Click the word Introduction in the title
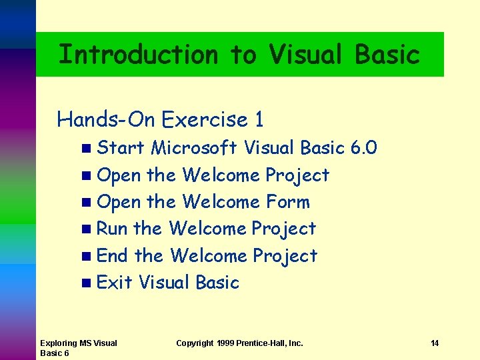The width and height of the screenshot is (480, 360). click(x=138, y=54)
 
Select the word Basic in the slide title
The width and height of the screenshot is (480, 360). click(x=387, y=54)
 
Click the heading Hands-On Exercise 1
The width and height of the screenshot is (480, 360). click(x=160, y=119)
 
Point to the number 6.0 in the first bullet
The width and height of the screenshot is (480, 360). click(x=363, y=147)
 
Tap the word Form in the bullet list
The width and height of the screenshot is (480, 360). click(x=287, y=201)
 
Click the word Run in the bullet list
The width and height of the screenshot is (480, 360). click(x=112, y=228)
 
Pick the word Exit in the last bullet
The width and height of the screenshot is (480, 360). click(x=114, y=282)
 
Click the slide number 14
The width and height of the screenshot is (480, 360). click(x=434, y=343)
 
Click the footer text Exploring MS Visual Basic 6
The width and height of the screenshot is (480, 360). click(x=78, y=348)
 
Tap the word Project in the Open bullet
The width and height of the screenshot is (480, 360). click(x=297, y=175)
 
